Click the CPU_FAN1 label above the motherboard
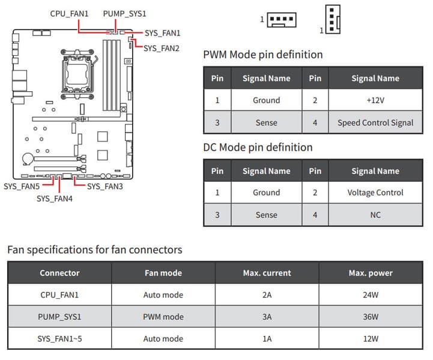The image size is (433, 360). click(x=69, y=13)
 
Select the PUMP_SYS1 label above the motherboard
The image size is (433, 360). click(x=124, y=13)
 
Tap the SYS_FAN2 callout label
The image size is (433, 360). click(x=162, y=48)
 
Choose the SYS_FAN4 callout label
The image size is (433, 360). click(x=55, y=199)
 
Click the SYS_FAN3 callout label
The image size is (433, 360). click(x=105, y=187)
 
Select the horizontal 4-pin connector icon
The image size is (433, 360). click(x=280, y=20)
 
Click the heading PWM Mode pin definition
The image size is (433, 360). click(x=263, y=55)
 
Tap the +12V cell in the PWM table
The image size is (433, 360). click(x=375, y=100)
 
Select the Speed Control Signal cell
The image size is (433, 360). click(x=375, y=122)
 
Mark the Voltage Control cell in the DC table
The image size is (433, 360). click(x=375, y=193)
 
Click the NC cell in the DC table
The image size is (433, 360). click(x=375, y=215)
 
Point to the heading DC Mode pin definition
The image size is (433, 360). click(x=258, y=148)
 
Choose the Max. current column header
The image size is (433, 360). click(x=267, y=273)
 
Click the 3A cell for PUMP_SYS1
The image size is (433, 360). click(x=267, y=317)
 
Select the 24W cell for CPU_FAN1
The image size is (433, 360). click(x=371, y=295)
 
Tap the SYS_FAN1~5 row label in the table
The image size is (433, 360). click(x=59, y=338)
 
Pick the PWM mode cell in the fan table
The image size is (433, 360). click(x=163, y=317)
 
